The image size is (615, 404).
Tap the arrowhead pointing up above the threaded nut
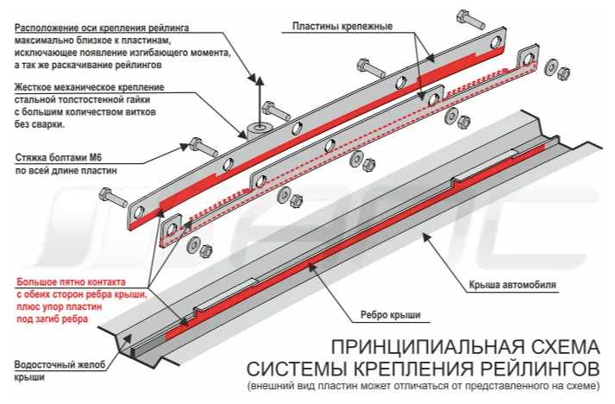coord(256,79)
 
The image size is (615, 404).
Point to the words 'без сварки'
coord(40,123)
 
